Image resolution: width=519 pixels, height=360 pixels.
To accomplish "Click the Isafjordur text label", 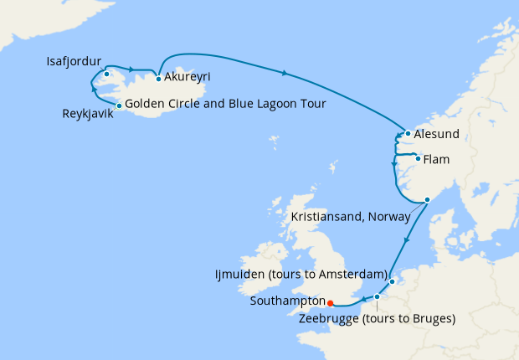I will [75, 62].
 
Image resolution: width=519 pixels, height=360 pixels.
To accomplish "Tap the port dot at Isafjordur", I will [106, 75].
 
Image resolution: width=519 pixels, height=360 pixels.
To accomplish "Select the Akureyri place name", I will [188, 77].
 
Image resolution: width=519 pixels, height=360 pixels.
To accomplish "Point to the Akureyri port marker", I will [158, 80].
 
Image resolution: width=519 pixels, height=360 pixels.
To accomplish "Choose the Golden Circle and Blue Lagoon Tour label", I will [225, 104].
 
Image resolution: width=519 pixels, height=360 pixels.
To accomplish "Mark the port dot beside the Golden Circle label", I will [120, 105].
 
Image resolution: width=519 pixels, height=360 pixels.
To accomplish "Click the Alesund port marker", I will [407, 133].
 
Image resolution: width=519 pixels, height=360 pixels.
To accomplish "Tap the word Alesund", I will [438, 134].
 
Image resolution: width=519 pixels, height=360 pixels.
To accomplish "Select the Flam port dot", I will [418, 156].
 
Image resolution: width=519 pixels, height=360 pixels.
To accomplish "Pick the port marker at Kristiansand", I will [427, 199].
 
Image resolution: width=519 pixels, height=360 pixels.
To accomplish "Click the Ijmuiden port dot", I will [392, 282].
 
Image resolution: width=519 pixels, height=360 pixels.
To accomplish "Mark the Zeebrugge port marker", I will [377, 296].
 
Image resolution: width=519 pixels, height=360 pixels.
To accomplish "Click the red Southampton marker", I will [330, 303].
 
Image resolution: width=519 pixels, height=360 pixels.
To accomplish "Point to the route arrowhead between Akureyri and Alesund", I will [286, 74].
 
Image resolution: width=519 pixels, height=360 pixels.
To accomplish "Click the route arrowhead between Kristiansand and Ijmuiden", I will [407, 241].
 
